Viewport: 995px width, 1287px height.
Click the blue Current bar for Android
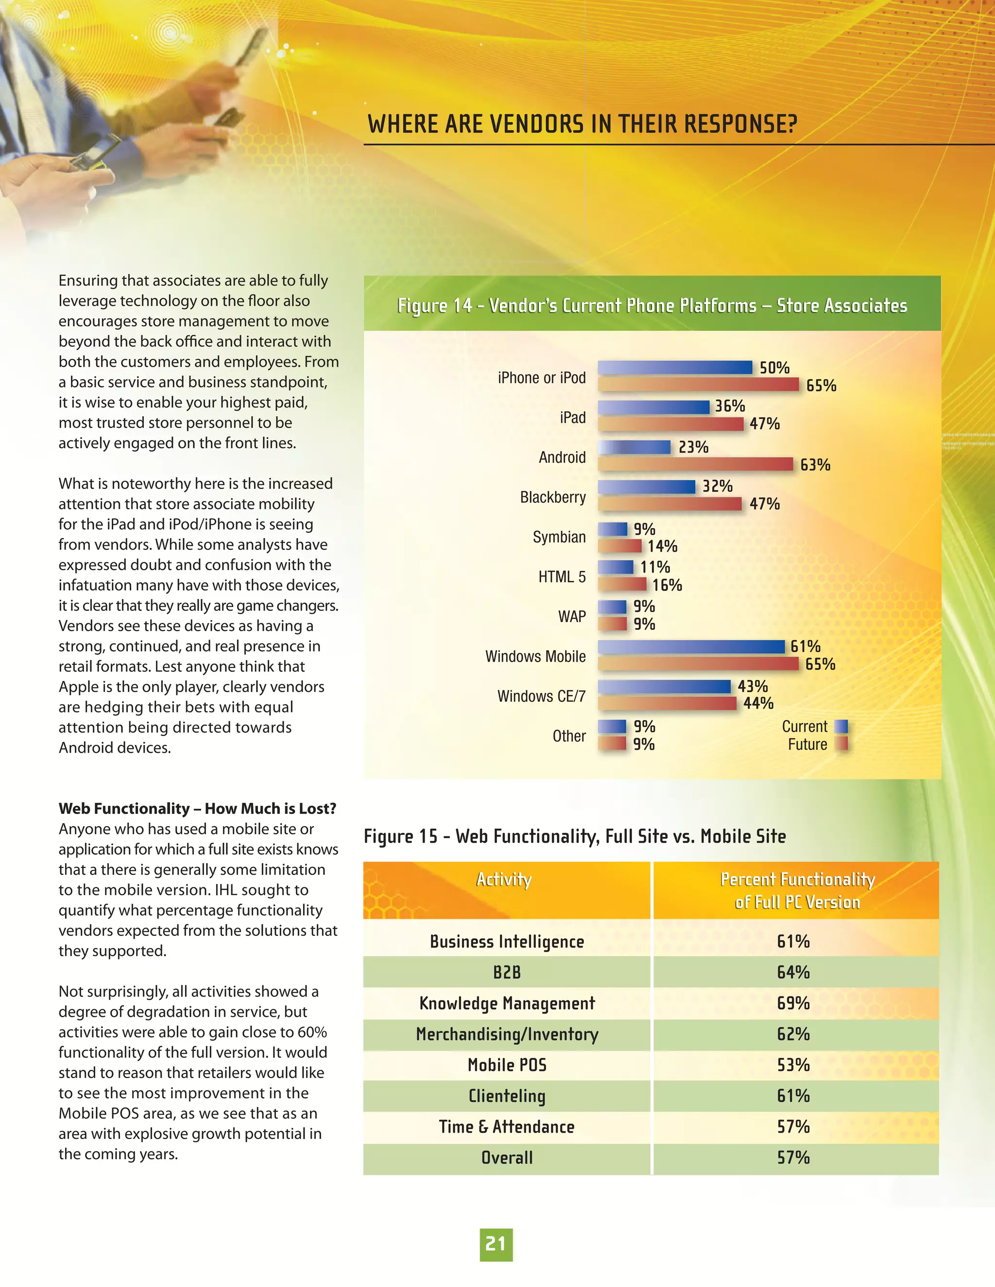tap(634, 447)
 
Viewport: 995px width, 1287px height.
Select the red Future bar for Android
tap(696, 464)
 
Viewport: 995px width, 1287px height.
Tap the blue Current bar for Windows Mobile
tap(691, 646)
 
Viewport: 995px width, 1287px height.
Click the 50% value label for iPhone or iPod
tap(774, 368)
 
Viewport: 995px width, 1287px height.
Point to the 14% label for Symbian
tap(662, 546)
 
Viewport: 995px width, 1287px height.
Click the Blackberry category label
tap(552, 497)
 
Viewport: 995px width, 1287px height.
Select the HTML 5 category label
tap(562, 577)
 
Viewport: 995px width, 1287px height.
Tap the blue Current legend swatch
tap(841, 727)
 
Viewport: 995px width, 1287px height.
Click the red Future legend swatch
tap(841, 744)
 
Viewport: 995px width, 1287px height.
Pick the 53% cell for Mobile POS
tap(793, 1065)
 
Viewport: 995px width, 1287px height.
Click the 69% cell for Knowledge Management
tap(793, 1003)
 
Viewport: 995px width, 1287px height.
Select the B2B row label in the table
tap(507, 972)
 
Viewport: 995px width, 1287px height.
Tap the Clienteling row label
tap(507, 1096)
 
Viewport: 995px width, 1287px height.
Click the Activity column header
tap(504, 879)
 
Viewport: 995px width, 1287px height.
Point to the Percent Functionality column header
tap(797, 890)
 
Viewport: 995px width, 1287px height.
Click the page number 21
tap(496, 1244)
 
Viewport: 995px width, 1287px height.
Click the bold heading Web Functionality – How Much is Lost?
tap(197, 809)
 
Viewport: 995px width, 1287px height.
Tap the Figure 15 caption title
tap(575, 836)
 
